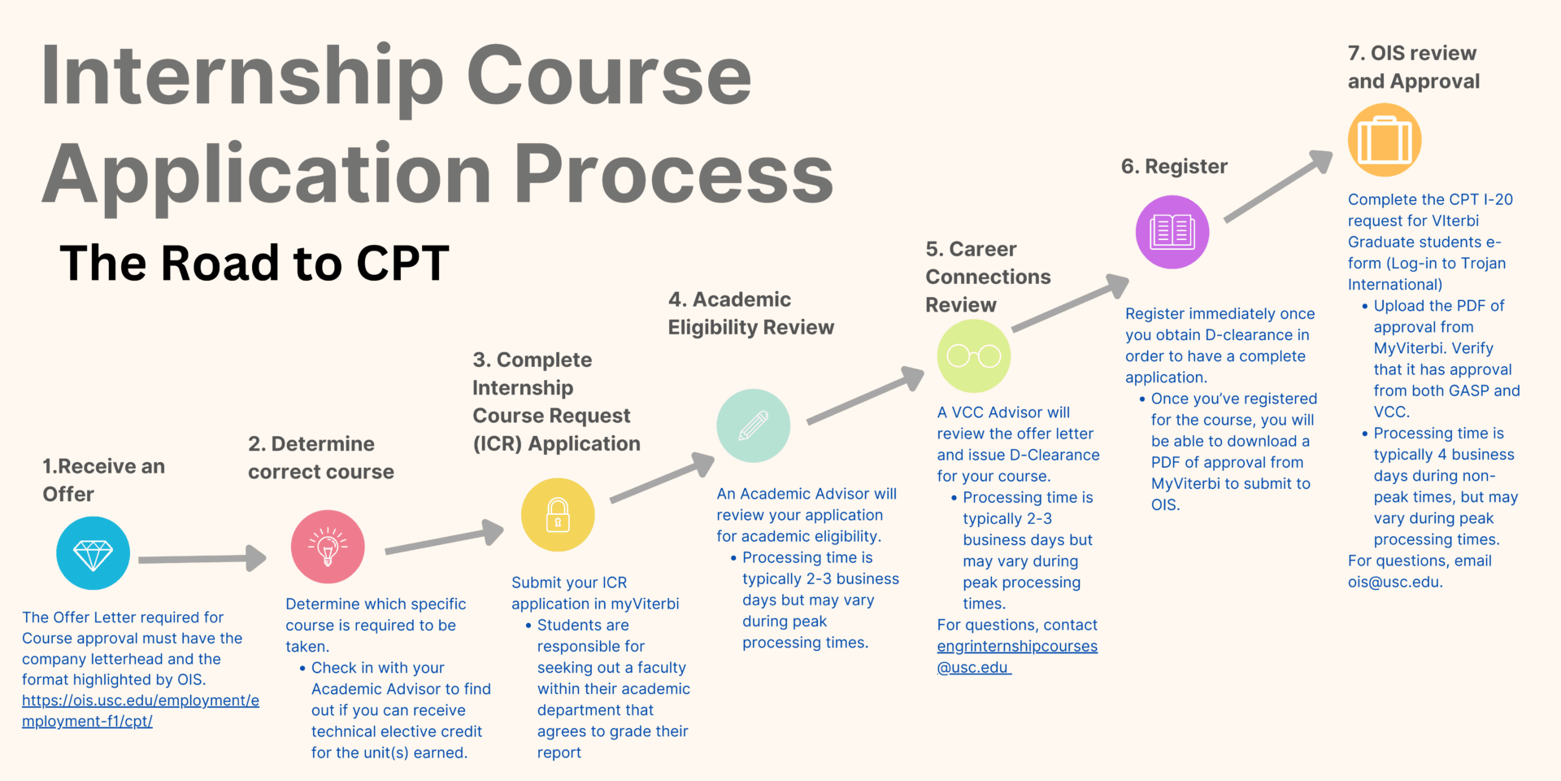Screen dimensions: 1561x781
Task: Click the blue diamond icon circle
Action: click(x=93, y=553)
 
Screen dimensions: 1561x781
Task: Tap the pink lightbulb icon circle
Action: click(x=328, y=547)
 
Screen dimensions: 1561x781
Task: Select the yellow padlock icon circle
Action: click(x=558, y=515)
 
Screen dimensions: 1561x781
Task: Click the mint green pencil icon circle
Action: click(x=753, y=425)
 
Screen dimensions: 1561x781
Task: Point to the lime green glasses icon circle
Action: click(x=974, y=356)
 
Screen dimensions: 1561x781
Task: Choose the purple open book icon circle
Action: click(x=1172, y=232)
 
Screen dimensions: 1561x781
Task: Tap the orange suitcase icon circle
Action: click(x=1385, y=140)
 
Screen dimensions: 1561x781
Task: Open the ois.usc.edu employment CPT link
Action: click(x=141, y=711)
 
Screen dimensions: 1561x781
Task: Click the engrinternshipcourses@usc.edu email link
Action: click(x=1017, y=657)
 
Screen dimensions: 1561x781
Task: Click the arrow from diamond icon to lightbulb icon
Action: click(x=202, y=559)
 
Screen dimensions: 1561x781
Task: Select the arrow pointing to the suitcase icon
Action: click(x=1279, y=185)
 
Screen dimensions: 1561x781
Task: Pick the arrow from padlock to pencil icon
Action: click(x=663, y=477)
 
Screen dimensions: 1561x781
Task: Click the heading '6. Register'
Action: click(x=1174, y=167)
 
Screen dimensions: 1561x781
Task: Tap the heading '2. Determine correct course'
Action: click(x=321, y=458)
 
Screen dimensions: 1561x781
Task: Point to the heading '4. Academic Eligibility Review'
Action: click(x=751, y=313)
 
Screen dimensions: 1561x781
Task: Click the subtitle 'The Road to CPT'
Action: click(x=254, y=263)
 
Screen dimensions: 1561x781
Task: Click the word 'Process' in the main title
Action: click(x=674, y=173)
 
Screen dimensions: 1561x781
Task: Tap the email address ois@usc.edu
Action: click(x=1395, y=582)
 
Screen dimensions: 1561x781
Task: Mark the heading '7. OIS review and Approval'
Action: click(x=1414, y=67)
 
